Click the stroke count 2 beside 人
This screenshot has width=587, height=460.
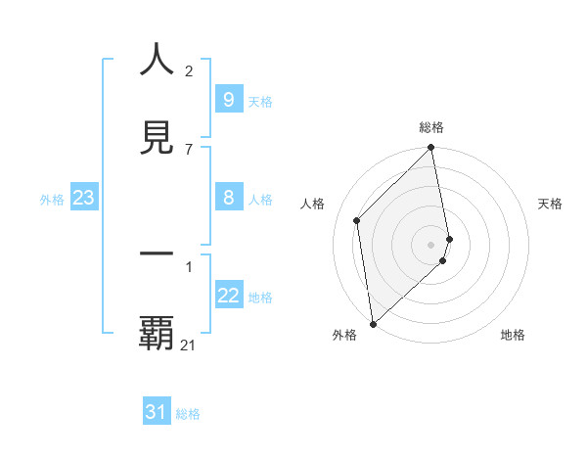[x=189, y=71]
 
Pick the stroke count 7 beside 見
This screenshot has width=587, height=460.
[x=189, y=150]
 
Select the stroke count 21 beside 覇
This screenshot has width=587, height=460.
[x=189, y=345]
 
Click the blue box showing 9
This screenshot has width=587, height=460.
[x=228, y=100]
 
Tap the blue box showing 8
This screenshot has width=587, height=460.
[x=228, y=198]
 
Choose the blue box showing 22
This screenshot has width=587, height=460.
[x=228, y=297]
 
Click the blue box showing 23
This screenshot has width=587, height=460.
[x=83, y=199]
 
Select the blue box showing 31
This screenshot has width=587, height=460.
[x=157, y=413]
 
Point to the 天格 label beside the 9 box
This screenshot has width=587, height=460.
[x=260, y=101]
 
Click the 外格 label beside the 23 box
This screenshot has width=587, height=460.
[x=52, y=200]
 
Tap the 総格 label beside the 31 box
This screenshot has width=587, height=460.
[x=189, y=414]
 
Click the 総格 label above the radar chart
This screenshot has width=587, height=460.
[x=431, y=127]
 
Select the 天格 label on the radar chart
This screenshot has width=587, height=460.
[x=551, y=204]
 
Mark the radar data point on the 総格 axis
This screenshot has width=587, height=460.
[x=431, y=149]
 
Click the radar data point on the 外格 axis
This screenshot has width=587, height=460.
[x=373, y=324]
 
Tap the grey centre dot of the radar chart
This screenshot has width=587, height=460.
[x=431, y=244]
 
